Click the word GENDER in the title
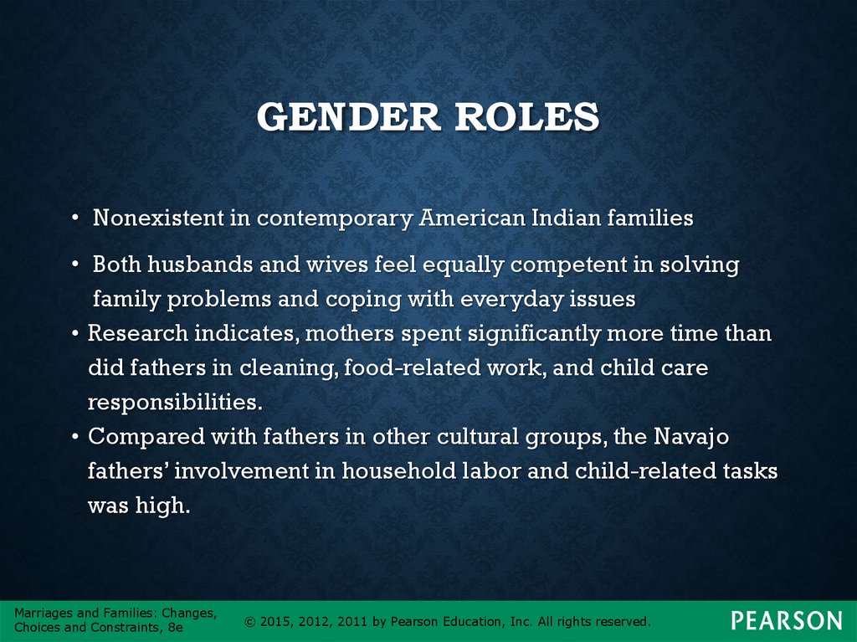(349, 116)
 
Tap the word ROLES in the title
(527, 116)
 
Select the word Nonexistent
(158, 218)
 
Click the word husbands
(200, 265)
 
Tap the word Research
(138, 333)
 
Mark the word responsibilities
(175, 403)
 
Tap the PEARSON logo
(787, 621)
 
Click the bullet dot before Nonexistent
(75, 218)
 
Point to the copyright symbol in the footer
(250, 622)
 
